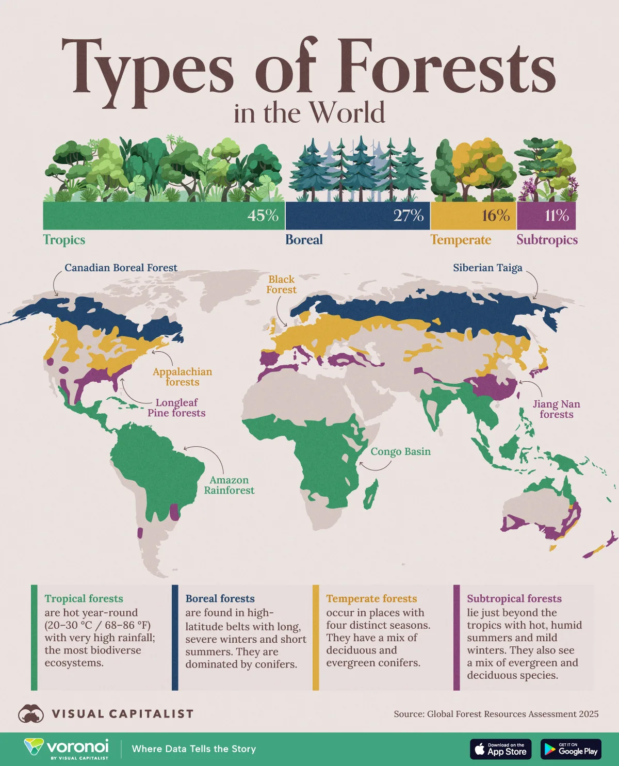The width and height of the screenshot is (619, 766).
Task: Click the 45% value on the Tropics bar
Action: click(263, 216)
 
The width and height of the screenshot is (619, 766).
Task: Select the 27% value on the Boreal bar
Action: click(408, 216)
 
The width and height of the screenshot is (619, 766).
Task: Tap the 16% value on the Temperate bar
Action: click(495, 216)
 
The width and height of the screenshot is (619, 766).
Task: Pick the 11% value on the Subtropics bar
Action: click(557, 216)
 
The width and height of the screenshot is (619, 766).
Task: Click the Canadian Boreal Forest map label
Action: click(121, 268)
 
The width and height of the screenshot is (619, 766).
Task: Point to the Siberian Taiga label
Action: click(487, 268)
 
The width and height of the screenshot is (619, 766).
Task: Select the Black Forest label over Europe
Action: click(281, 285)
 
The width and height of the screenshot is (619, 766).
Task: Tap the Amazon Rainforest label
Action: click(229, 485)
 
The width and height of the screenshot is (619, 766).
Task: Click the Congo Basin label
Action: click(400, 452)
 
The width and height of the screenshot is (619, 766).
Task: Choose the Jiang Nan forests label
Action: click(556, 410)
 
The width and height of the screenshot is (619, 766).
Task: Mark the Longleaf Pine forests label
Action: click(176, 408)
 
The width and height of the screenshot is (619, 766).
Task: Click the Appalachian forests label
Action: click(182, 377)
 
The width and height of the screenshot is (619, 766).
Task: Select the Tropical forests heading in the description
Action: click(84, 599)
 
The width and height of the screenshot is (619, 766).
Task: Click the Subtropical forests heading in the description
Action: click(514, 599)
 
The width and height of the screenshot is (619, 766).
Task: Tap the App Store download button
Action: click(500, 749)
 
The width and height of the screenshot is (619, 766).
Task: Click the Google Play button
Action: click(571, 749)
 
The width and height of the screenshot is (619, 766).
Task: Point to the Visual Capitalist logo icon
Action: click(31, 714)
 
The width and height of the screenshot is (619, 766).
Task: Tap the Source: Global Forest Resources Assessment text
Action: click(496, 714)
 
